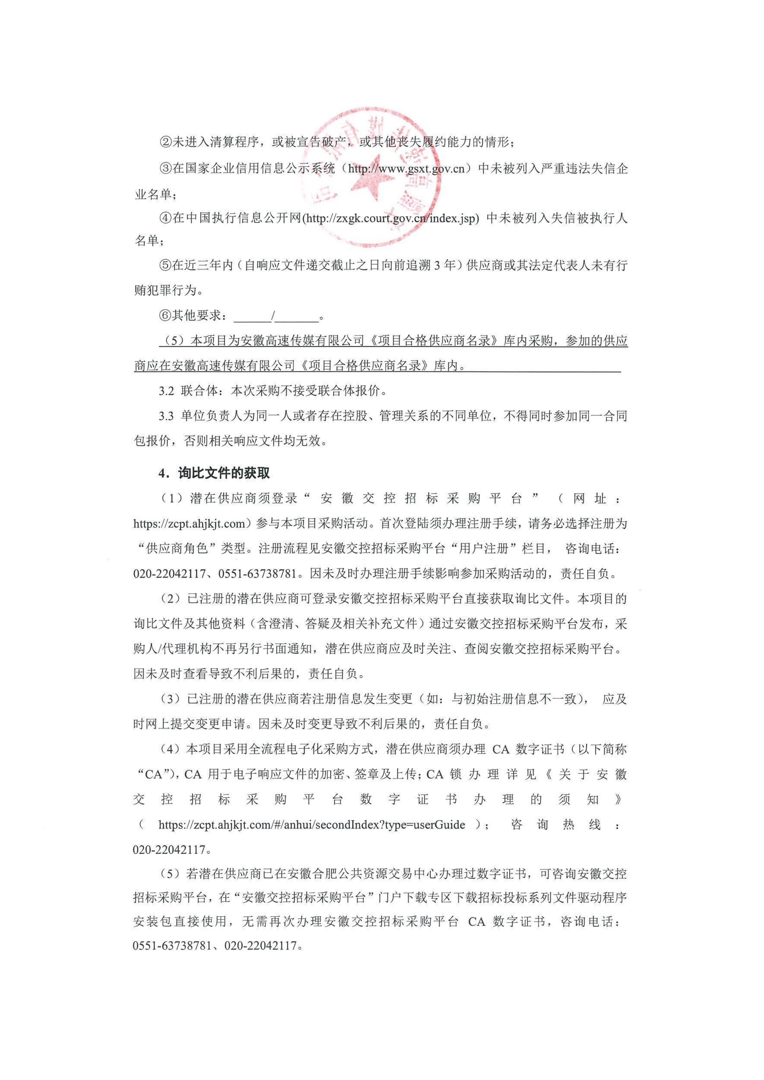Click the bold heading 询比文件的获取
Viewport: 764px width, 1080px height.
pos(224,473)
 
